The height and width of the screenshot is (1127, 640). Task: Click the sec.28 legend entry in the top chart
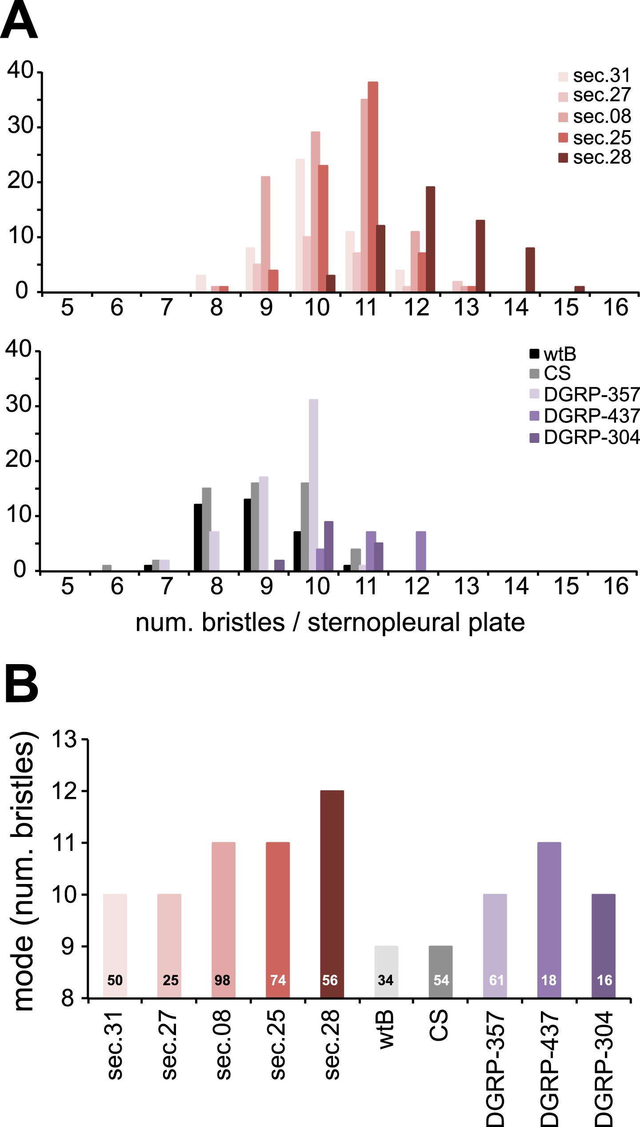(595, 158)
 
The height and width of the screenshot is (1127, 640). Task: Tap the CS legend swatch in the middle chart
(534, 373)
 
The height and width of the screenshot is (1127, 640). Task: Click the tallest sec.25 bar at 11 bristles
(373, 187)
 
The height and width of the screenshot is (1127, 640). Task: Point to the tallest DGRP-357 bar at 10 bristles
(313, 484)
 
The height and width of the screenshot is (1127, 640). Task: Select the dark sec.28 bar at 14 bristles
(530, 270)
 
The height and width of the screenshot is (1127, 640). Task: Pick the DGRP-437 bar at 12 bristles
(421, 551)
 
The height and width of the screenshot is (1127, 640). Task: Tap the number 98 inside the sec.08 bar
(222, 980)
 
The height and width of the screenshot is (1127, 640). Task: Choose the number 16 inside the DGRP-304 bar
(604, 980)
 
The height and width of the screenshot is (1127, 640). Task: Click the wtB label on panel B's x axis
(386, 1029)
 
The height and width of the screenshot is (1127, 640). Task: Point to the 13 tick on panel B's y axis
(64, 740)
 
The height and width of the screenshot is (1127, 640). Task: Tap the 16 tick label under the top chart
(616, 307)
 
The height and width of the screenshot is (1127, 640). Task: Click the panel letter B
(21, 685)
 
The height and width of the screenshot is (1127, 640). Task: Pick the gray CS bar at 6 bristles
(107, 568)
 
